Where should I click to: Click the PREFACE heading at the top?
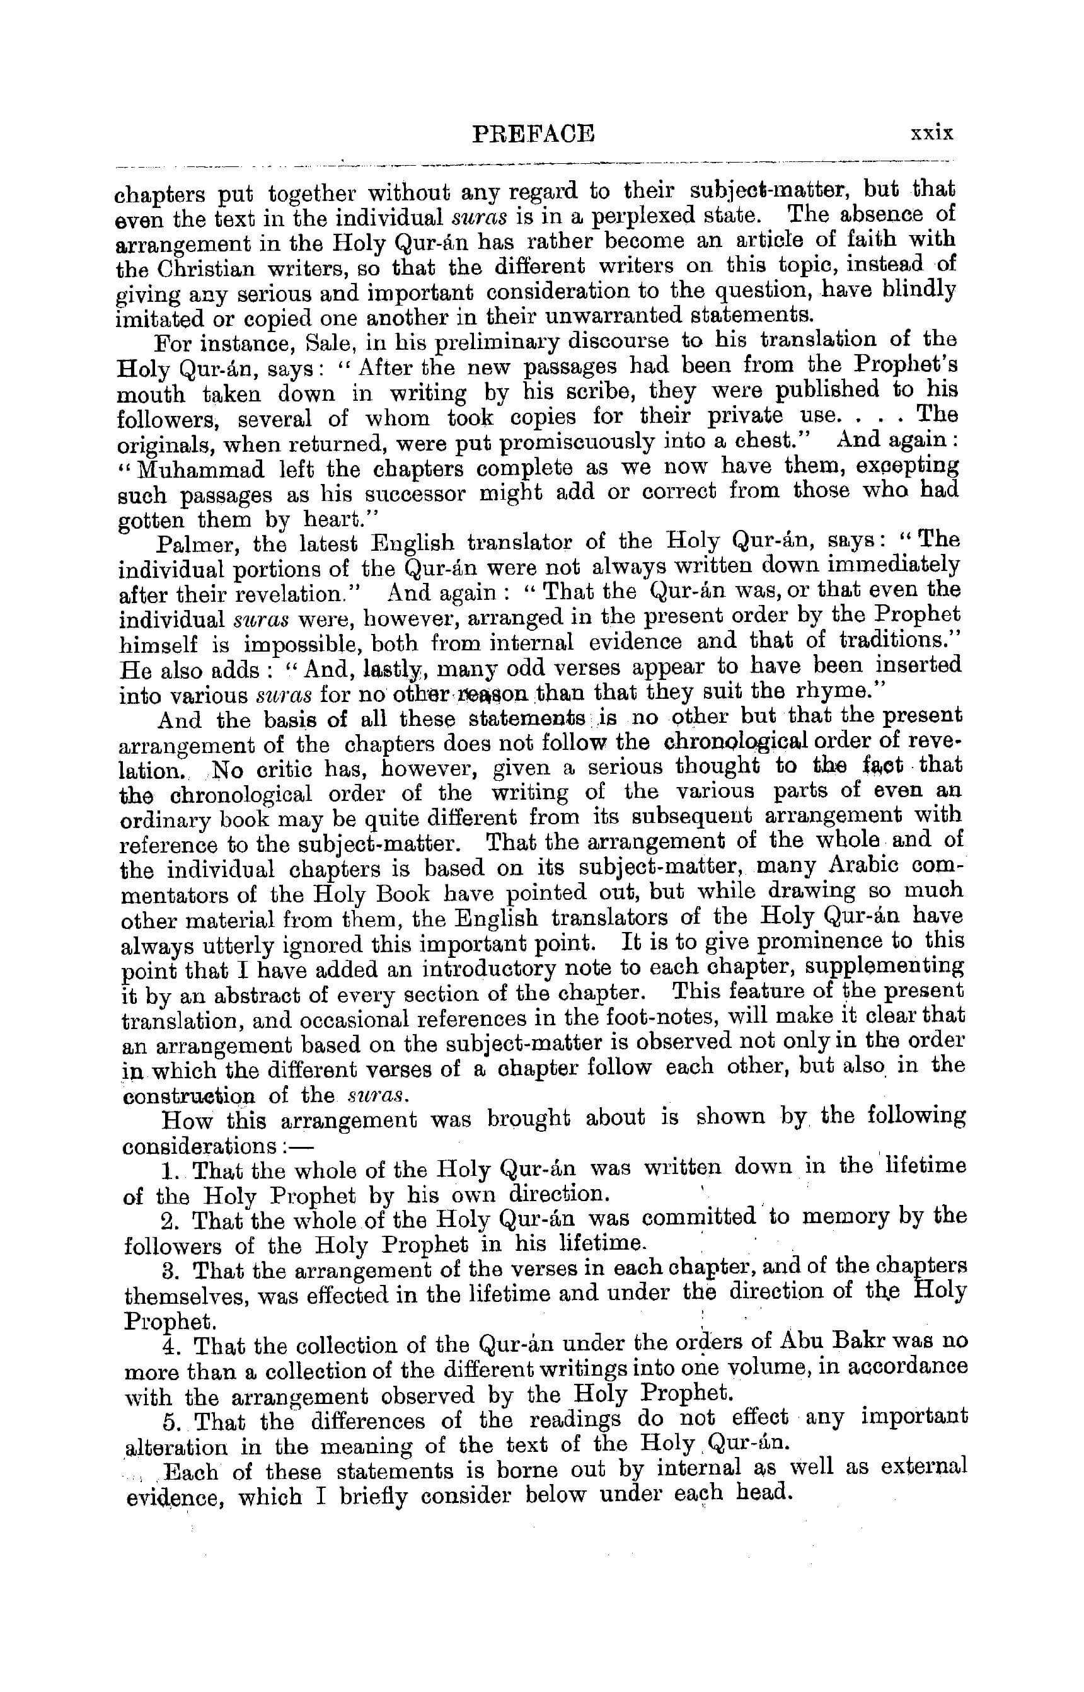coord(534,133)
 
